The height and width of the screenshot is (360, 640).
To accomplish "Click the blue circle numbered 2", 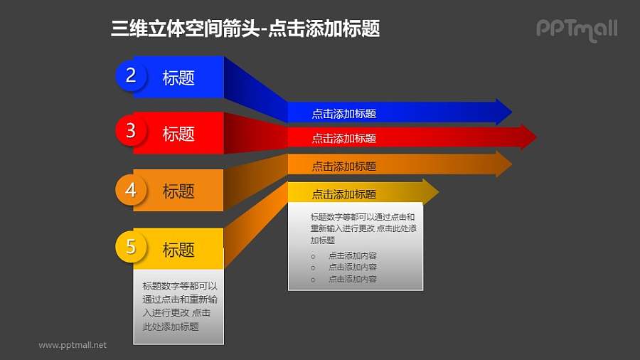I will pos(131,75).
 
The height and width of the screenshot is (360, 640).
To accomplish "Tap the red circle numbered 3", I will pos(131,130).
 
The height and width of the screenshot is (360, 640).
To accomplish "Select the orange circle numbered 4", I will pos(131,190).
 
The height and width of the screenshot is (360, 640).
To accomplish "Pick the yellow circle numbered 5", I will pos(131,247).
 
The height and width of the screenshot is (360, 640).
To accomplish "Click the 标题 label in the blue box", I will pos(178,78).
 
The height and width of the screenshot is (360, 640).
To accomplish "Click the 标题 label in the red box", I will pos(178,134).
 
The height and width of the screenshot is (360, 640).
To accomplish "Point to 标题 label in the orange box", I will pos(178,191).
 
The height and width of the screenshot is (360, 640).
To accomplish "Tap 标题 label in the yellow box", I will pos(178,250).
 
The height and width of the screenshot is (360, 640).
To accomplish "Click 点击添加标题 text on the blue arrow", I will pos(343,113).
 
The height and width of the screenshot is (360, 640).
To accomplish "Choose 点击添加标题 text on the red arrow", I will pos(343,138).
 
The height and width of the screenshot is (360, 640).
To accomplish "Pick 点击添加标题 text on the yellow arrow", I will pos(343,194).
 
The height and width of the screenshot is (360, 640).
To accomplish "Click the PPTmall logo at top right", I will pos(577,29).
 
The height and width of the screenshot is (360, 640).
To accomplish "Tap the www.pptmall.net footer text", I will pos(73,345).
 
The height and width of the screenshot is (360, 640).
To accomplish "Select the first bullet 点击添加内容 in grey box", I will pos(353,255).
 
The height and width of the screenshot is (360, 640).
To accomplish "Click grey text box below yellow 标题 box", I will pos(178,306).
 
